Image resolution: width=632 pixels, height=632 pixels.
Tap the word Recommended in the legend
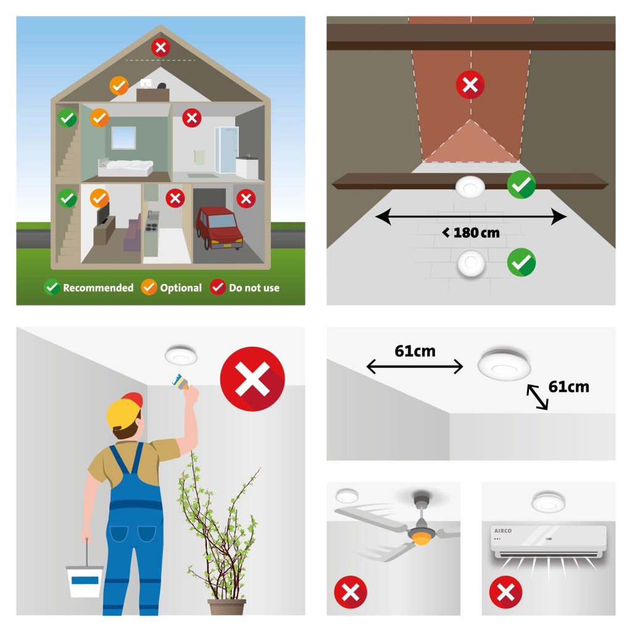coord(98,288)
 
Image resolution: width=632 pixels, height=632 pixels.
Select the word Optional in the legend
coord(181,288)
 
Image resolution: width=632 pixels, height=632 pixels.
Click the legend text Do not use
coord(254,288)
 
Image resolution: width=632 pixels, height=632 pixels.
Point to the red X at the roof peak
coord(160,48)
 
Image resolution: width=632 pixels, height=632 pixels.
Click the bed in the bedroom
coord(125,167)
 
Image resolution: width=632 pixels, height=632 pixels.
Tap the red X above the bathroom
coord(192,118)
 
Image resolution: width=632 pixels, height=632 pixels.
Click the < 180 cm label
coord(471,233)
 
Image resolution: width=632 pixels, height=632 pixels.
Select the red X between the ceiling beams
coord(470,85)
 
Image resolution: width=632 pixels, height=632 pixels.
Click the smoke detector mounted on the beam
coord(470,187)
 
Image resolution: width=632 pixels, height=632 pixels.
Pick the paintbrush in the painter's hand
coord(181,381)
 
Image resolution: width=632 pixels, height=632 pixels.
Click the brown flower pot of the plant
coord(227,607)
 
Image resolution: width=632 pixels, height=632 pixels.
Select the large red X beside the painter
coord(252,379)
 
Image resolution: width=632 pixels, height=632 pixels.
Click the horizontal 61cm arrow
coord(415,367)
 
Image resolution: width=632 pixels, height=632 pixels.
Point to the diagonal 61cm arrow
coord(538,397)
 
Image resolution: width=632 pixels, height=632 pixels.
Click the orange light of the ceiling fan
coord(422,538)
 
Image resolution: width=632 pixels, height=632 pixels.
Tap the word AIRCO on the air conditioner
coord(502,531)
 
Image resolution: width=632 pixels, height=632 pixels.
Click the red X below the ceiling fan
coord(351,592)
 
